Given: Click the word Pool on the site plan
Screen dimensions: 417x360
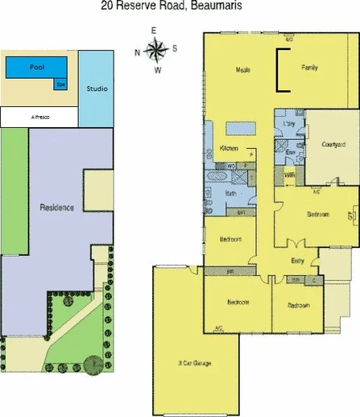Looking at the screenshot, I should [35, 68].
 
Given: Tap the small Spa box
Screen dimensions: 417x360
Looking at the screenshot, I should [60, 84].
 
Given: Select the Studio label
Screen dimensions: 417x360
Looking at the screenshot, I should [96, 88].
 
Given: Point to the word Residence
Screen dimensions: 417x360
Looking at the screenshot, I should [57, 207].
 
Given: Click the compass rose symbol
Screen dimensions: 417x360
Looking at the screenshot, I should [158, 50].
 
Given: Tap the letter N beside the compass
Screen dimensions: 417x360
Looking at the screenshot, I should [138, 52].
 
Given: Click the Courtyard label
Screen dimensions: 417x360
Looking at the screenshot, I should [333, 144].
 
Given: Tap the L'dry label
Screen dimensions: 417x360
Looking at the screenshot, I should [290, 124].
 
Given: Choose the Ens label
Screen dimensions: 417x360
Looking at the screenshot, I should [290, 151].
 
